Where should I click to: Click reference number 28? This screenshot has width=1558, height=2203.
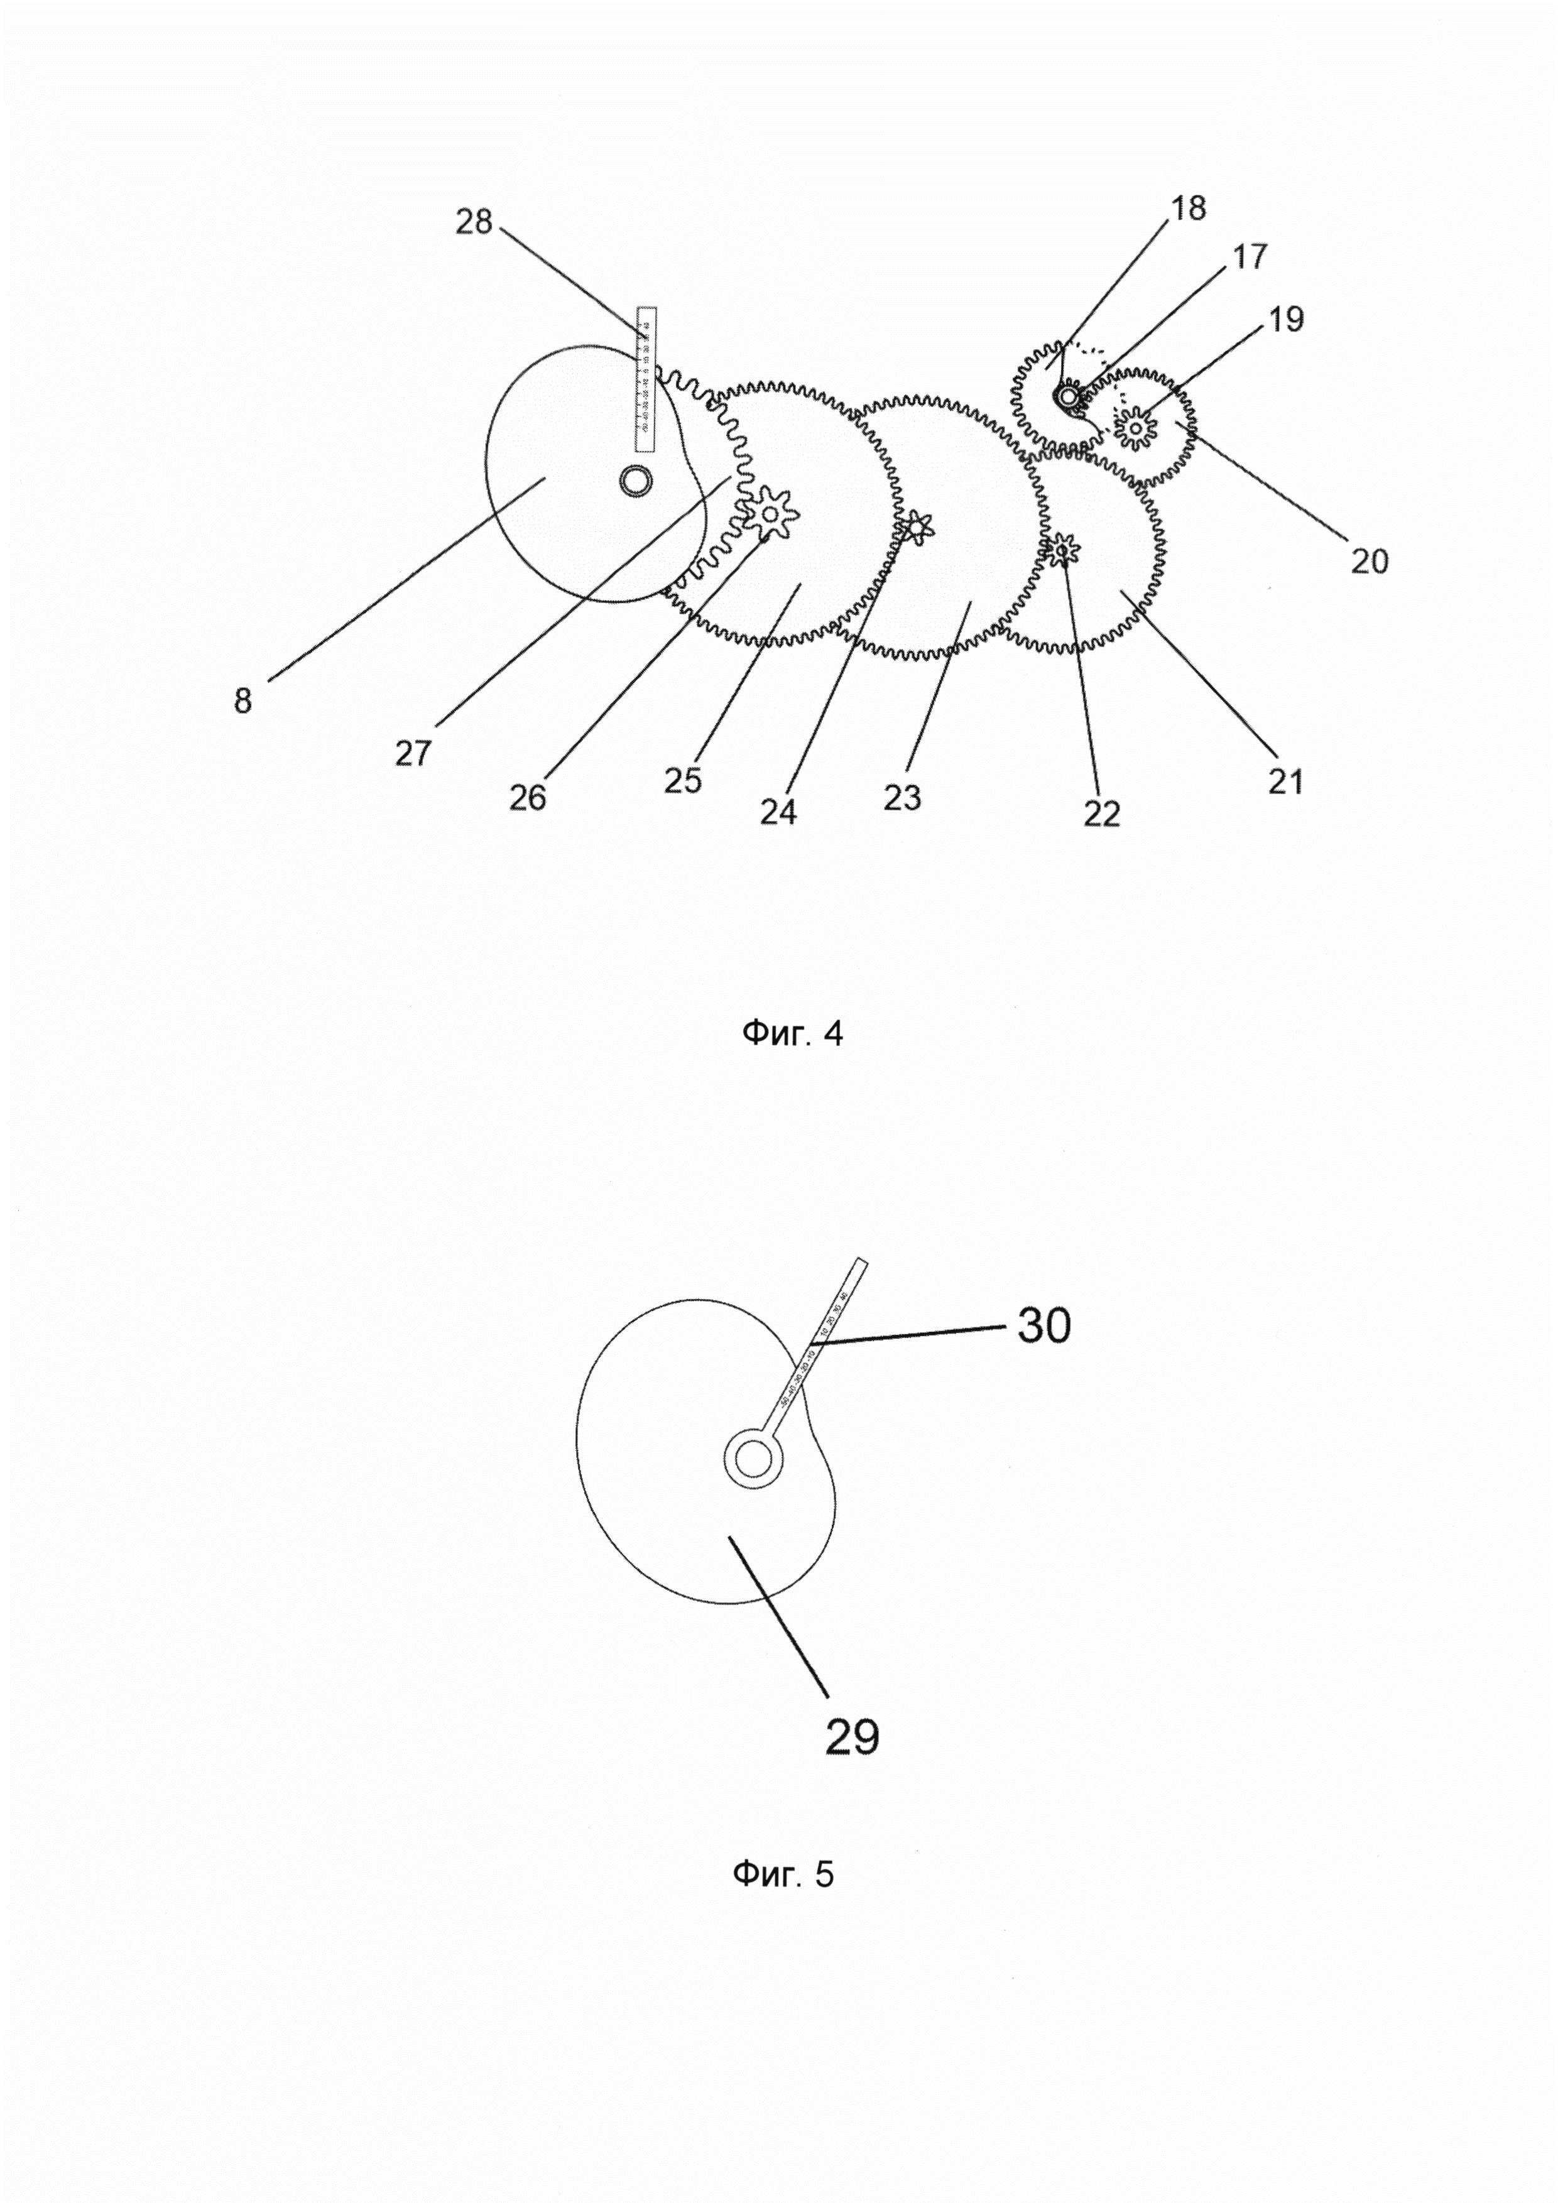point(473,222)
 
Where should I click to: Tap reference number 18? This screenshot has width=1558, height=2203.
point(1189,207)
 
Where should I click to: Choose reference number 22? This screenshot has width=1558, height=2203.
point(1101,813)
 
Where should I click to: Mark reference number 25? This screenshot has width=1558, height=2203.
point(682,780)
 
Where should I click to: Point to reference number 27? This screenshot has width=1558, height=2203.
point(413,754)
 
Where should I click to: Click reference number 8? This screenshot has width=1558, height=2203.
point(242,702)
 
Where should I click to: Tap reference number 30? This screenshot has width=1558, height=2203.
point(1043,1326)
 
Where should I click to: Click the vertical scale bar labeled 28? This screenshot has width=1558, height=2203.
point(646,379)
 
